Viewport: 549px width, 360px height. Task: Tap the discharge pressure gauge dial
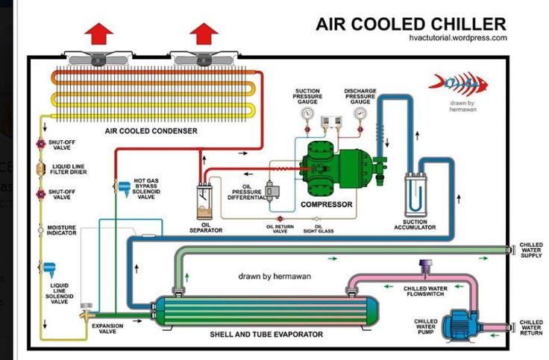(x=360, y=113)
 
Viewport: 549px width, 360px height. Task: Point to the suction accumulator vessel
(x=415, y=195)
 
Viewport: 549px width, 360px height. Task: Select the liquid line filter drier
(x=41, y=169)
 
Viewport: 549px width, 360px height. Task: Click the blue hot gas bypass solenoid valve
(x=124, y=189)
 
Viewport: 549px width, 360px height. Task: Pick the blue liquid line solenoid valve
(x=48, y=269)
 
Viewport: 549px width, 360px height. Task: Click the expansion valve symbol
(x=87, y=311)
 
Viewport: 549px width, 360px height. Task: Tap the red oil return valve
(x=280, y=219)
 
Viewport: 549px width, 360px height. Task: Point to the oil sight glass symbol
(x=317, y=219)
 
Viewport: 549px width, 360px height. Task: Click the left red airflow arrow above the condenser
(x=98, y=34)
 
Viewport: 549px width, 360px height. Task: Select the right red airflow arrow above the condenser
(x=204, y=34)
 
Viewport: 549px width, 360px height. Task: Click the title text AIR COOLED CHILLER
(x=411, y=24)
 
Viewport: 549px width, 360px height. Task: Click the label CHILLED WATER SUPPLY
(x=531, y=250)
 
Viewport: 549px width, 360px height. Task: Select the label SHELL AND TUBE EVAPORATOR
(x=266, y=335)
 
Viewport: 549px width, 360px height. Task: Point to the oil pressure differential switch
(x=272, y=192)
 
